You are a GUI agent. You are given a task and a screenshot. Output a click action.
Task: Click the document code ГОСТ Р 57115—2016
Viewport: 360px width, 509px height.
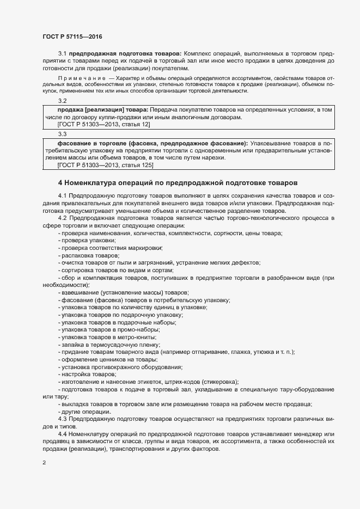[72, 36]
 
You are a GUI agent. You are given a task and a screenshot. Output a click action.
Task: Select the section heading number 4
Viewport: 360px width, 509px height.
[60, 182]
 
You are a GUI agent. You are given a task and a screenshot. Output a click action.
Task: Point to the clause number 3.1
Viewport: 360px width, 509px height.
[62, 54]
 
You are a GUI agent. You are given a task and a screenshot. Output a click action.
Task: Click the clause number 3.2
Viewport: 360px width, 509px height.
[62, 101]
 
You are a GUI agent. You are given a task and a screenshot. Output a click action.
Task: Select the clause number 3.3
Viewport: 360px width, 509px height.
[62, 134]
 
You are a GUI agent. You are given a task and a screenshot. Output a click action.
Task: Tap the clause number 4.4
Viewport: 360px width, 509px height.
[62, 433]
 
